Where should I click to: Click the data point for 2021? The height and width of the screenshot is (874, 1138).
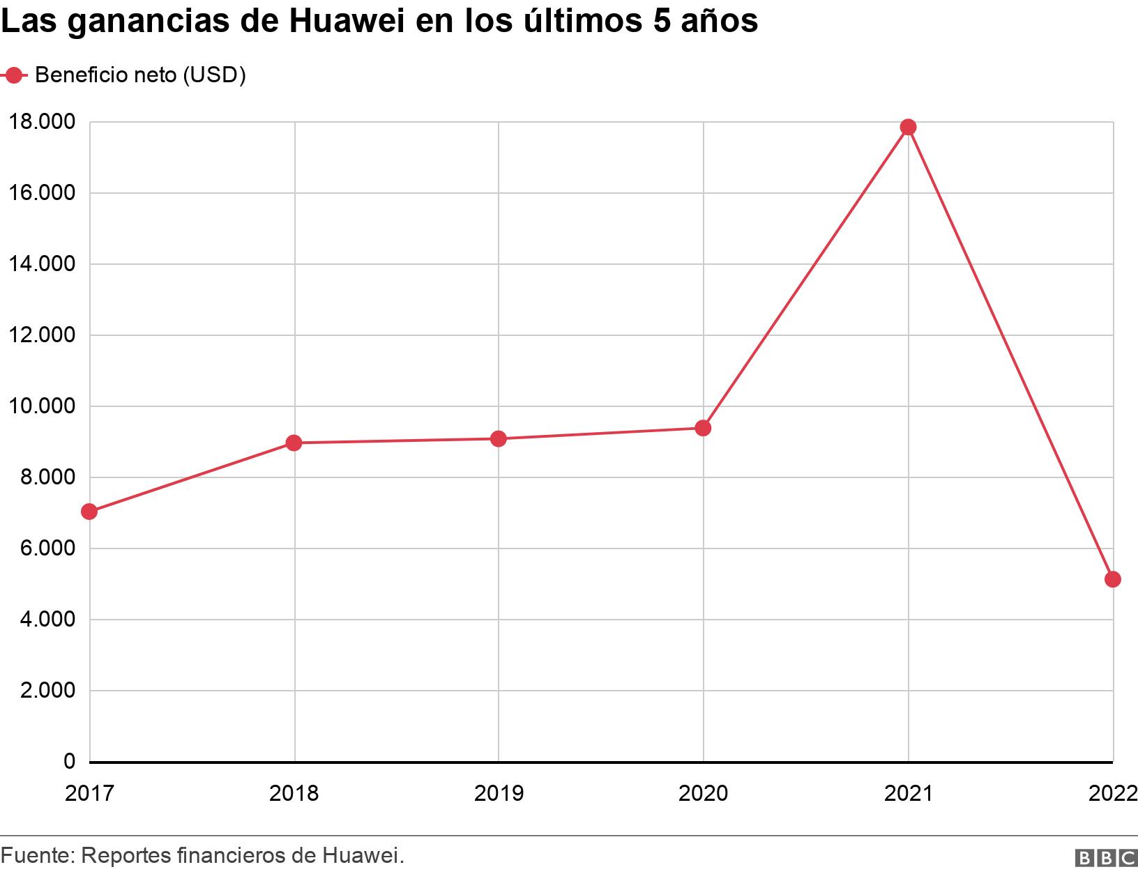908,127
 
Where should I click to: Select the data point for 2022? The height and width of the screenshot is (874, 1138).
1112,579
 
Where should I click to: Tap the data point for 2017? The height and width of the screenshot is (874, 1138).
89,512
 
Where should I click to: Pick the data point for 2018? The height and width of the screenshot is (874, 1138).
294,443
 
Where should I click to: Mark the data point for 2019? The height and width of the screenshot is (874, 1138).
498,438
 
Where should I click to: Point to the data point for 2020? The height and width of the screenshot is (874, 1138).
703,428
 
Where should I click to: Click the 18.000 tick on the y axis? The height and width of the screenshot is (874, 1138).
41,122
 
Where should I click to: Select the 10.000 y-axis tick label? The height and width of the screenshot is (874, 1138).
41,406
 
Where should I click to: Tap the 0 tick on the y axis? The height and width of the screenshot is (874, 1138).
68,761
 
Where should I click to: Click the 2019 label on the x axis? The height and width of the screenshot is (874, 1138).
498,793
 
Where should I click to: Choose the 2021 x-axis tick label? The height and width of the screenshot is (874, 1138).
908,793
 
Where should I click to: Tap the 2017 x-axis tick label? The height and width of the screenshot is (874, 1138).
89,793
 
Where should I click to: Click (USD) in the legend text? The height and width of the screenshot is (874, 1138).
213,75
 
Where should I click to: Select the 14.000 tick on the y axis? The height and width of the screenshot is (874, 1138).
41,264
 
